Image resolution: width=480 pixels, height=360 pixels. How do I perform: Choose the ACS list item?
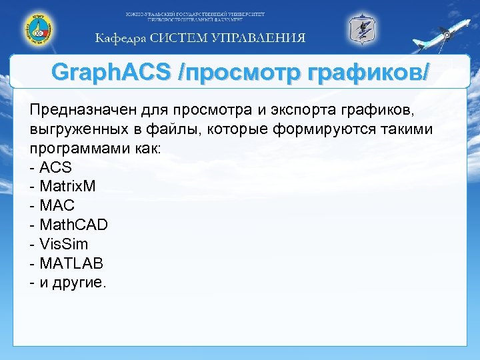pyautogui.click(x=55, y=167)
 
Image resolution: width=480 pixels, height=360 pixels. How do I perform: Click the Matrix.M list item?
pyautogui.click(x=67, y=186)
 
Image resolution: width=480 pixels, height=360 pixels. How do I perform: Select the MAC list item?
pyautogui.click(x=57, y=205)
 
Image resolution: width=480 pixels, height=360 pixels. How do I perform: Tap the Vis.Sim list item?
pyautogui.click(x=64, y=244)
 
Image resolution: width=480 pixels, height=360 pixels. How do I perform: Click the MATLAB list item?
pyautogui.click(x=71, y=263)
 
